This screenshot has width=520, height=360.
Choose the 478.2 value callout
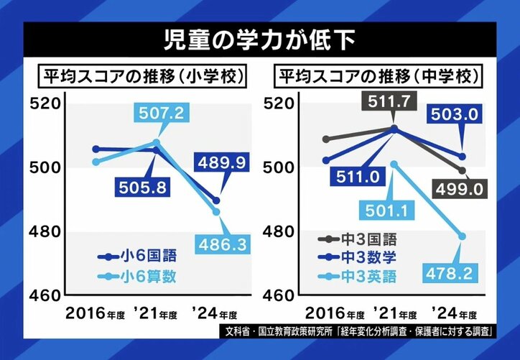(x=455, y=275)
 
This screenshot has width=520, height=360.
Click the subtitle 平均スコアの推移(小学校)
(x=142, y=76)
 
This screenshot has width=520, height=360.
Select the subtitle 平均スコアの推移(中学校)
(x=380, y=76)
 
